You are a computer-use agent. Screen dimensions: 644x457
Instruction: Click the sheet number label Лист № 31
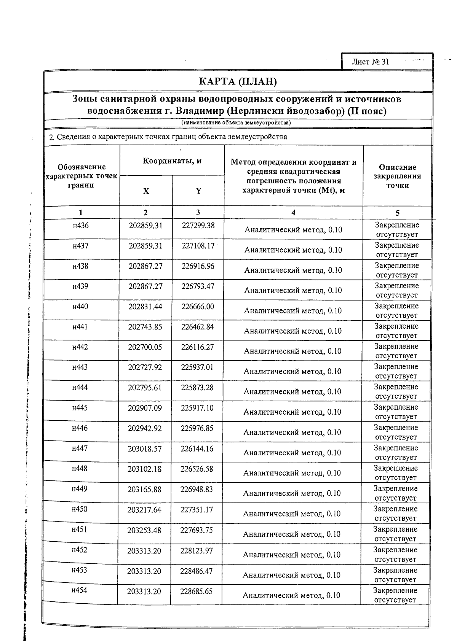[370, 62]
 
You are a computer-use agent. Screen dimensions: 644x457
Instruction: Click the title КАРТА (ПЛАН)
[238, 81]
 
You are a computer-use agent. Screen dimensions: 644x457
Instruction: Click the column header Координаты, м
[172, 161]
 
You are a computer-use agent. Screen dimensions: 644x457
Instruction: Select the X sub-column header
[146, 191]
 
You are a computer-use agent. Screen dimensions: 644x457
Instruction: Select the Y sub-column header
[198, 191]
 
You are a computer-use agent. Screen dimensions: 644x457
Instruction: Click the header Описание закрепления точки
[397, 176]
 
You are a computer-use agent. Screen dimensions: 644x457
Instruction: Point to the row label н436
[81, 226]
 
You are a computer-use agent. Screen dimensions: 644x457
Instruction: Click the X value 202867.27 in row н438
[145, 266]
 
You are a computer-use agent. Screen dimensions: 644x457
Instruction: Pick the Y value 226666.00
[198, 307]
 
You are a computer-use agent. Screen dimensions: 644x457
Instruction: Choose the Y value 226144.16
[197, 449]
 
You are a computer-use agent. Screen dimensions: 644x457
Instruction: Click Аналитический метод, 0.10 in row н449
[292, 493]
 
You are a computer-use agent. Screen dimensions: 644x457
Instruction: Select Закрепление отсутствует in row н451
[395, 534]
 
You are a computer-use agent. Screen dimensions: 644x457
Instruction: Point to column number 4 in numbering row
[293, 213]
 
